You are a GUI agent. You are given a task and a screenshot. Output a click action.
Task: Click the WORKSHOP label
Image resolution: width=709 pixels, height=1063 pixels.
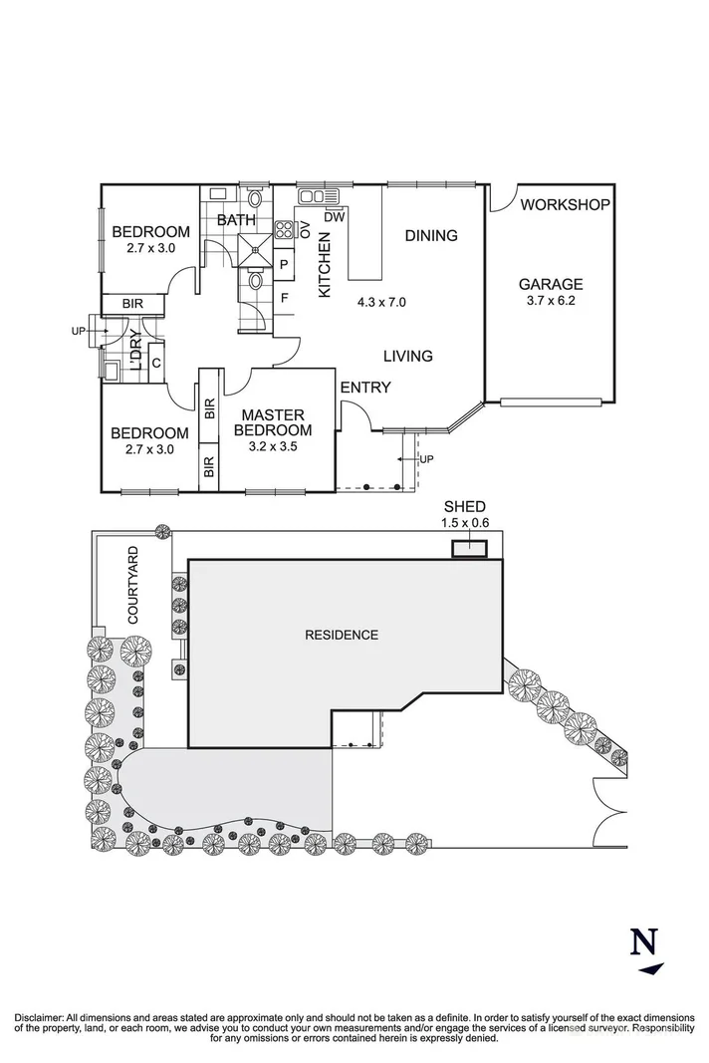pos(565,205)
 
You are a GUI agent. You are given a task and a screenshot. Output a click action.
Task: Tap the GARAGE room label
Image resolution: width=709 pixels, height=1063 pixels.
pos(549,283)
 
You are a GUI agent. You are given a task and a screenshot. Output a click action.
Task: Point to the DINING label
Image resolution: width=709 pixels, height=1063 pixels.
pos(431,236)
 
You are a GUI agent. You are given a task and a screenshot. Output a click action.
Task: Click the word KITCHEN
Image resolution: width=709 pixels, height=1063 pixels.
pos(324,265)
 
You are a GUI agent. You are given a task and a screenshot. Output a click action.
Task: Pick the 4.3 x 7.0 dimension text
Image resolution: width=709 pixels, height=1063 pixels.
pos(380,301)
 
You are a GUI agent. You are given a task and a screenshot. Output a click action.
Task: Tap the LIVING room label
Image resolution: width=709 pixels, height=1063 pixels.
pos(408,356)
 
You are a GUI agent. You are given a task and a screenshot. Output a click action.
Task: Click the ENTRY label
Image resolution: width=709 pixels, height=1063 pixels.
pos(365,388)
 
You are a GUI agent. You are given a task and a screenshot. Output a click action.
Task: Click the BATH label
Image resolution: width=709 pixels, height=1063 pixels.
pos(236,219)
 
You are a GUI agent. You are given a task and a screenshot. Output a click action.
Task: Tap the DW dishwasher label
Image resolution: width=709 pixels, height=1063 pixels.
pos(335,216)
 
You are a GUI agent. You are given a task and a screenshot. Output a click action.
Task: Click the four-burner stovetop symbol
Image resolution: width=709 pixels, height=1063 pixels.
pos(285,230)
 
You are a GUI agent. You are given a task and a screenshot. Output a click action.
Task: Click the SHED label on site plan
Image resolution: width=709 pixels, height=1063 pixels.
pos(466,507)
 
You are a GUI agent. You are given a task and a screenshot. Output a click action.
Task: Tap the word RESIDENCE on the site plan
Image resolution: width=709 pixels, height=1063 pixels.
pos(342,635)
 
